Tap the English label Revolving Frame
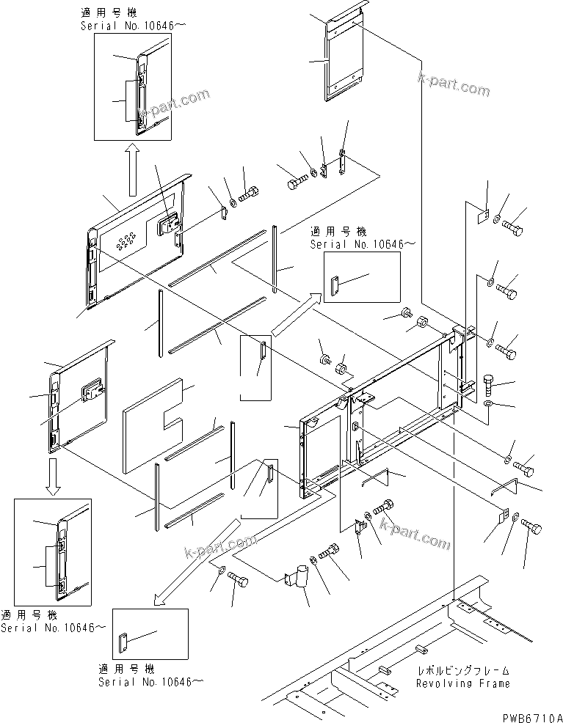pyautogui.click(x=462, y=683)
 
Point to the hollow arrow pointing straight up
pyautogui.click(x=132, y=169)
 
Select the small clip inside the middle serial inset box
pyautogui.click(x=335, y=286)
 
